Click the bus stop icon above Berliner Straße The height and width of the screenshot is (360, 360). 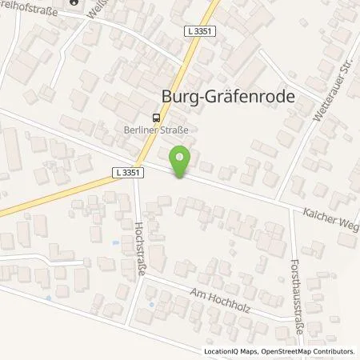[x=155, y=114]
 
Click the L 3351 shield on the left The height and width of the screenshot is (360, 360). [x=123, y=172]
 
